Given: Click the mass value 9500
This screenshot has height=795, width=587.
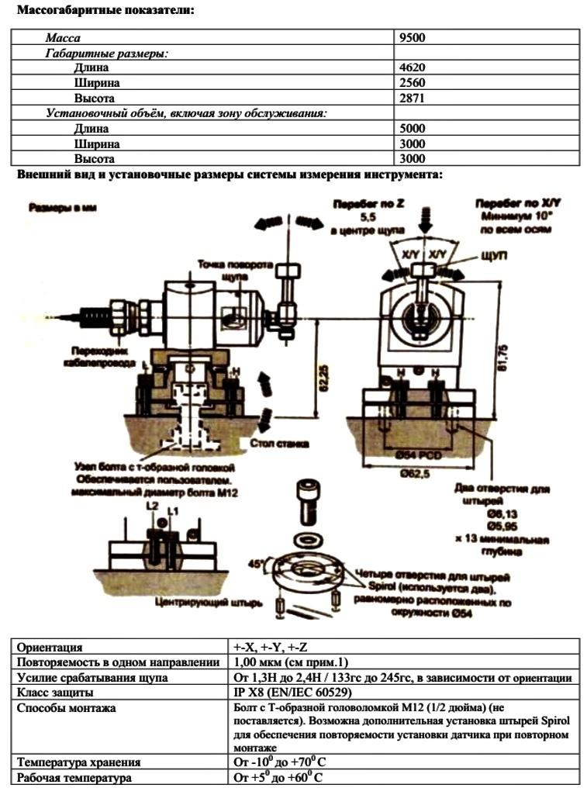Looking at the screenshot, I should pos(412,37).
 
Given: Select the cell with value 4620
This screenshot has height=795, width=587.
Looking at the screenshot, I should pos(412,68).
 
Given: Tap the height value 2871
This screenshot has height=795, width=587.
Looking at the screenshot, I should pos(412,99).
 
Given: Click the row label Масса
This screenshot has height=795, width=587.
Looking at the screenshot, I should pos(63,37).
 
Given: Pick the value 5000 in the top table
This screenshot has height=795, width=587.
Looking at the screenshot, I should pos(412,129).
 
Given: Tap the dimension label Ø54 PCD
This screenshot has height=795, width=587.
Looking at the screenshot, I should pos(411,452).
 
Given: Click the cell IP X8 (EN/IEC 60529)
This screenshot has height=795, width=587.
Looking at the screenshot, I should pos(289,692).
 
